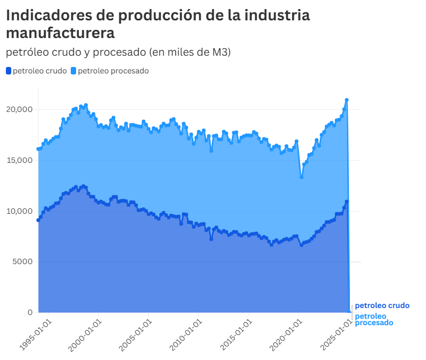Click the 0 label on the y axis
(30, 312)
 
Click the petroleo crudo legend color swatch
(8, 71)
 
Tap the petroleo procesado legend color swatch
(73, 71)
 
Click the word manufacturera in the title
(60, 33)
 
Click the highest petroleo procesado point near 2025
(347, 100)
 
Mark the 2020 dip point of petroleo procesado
(302, 177)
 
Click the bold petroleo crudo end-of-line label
(382, 305)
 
